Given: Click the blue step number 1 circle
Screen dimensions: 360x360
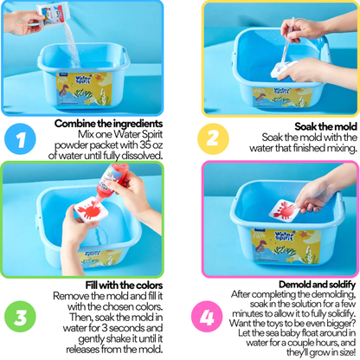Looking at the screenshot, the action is point(20,138).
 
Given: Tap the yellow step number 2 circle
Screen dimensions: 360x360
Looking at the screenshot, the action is point(213,138).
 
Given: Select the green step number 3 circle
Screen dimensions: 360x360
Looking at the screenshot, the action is point(20,317).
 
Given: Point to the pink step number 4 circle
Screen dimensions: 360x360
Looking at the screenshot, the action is point(207,317).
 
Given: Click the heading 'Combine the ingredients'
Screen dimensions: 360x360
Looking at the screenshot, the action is point(108,124).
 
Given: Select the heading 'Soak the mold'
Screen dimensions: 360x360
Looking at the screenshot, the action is point(326,126).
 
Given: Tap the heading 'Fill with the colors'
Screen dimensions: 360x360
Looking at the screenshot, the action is point(124,285).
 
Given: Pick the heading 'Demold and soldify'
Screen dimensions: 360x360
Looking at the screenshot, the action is point(317,285).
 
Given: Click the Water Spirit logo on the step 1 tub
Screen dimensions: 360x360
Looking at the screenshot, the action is point(83,80).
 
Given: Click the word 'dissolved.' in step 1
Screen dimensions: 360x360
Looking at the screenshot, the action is point(142,156).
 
